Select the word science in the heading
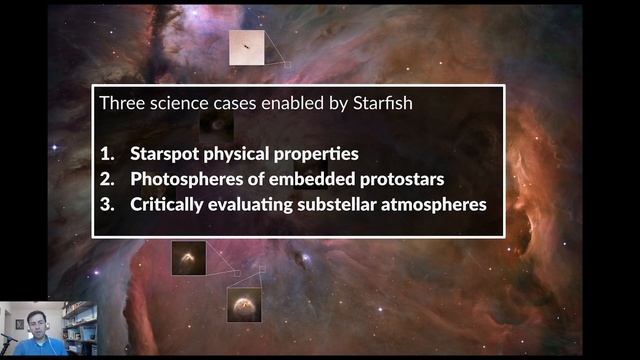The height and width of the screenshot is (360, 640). tap(176, 103)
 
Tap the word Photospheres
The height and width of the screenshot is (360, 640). tap(184, 180)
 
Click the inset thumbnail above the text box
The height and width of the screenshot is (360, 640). tap(246, 47)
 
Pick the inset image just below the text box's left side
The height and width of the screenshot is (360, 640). tap(188, 257)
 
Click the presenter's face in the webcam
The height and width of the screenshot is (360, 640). tap(35, 325)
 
